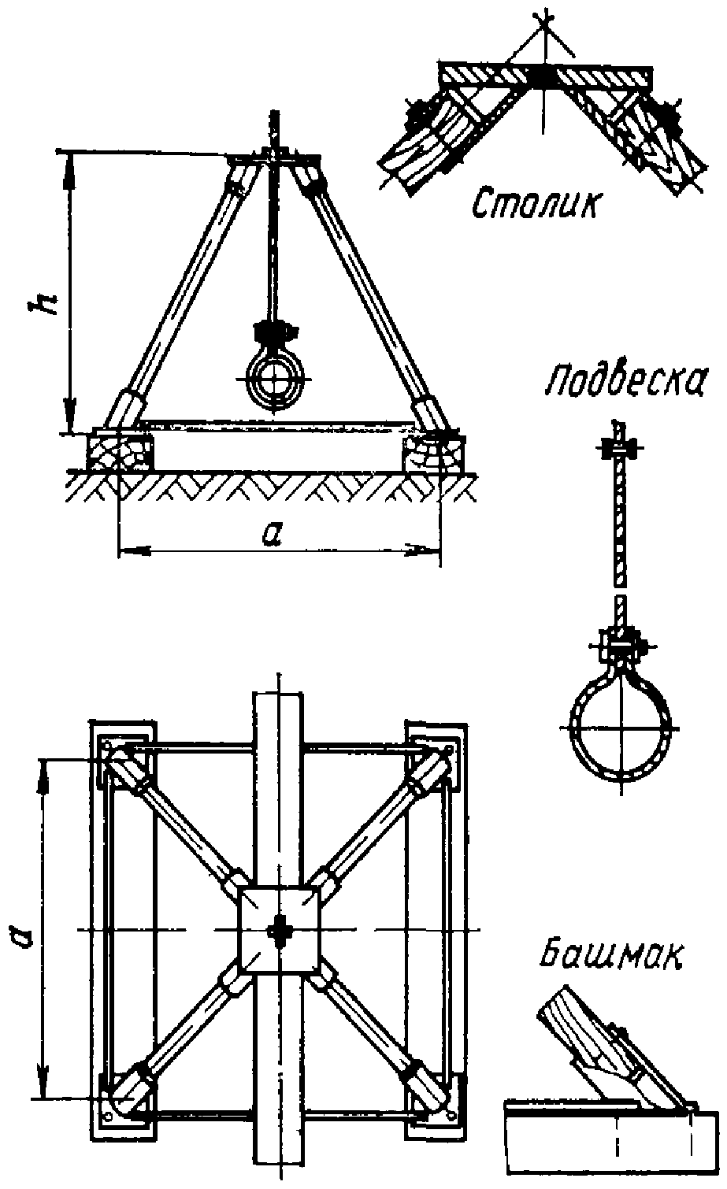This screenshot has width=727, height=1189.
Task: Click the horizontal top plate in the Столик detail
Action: tap(543, 76)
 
